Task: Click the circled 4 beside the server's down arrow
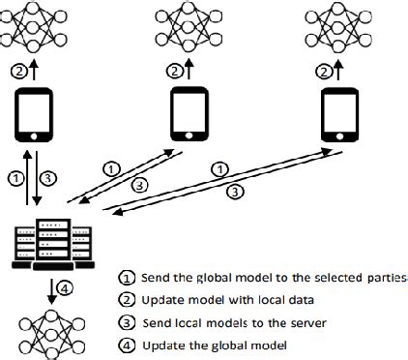pyautogui.click(x=63, y=286)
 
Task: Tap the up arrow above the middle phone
pyautogui.click(x=189, y=71)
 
